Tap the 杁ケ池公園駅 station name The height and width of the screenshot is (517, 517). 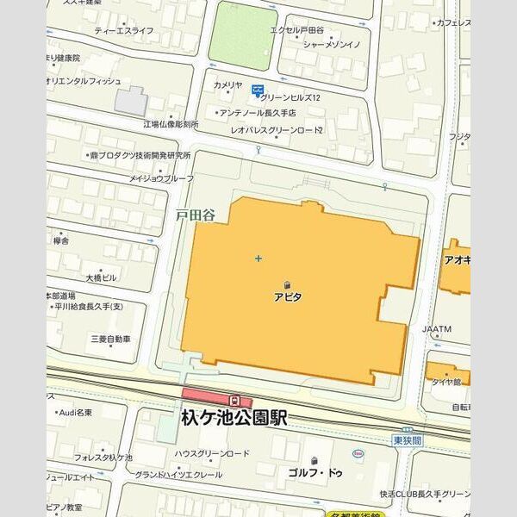pyautogui.click(x=234, y=418)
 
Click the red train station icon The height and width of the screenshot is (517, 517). pyautogui.click(x=234, y=401)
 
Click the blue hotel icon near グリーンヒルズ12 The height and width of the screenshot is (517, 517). pyautogui.click(x=257, y=89)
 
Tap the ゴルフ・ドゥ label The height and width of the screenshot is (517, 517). pyautogui.click(x=315, y=473)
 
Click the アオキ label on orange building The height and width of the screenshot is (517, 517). pyautogui.click(x=457, y=258)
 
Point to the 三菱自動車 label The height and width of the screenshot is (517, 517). pyautogui.click(x=110, y=339)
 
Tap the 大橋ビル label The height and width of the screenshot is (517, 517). pyautogui.click(x=101, y=278)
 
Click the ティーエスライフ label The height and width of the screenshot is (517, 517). pyautogui.click(x=124, y=31)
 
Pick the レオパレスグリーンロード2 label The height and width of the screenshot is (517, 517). pyautogui.click(x=277, y=130)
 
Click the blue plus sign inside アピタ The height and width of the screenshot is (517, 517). pyautogui.click(x=258, y=258)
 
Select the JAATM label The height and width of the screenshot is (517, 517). pyautogui.click(x=437, y=329)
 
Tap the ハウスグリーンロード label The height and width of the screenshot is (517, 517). pyautogui.click(x=212, y=453)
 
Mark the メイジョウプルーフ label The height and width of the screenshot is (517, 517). pyautogui.click(x=162, y=178)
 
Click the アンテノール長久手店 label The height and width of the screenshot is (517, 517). pyautogui.click(x=258, y=113)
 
